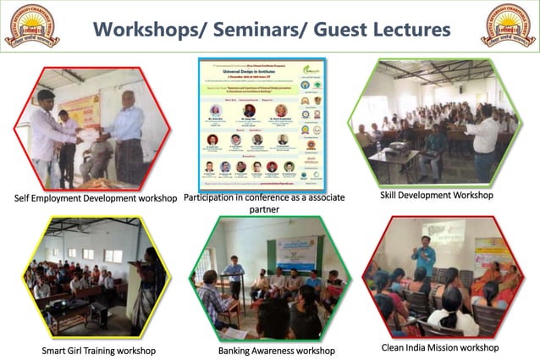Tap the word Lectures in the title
pyautogui.click(x=408, y=29)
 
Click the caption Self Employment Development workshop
pyautogui.click(x=95, y=198)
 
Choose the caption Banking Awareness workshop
pyautogui.click(x=276, y=350)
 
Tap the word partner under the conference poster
pyautogui.click(x=269, y=209)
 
